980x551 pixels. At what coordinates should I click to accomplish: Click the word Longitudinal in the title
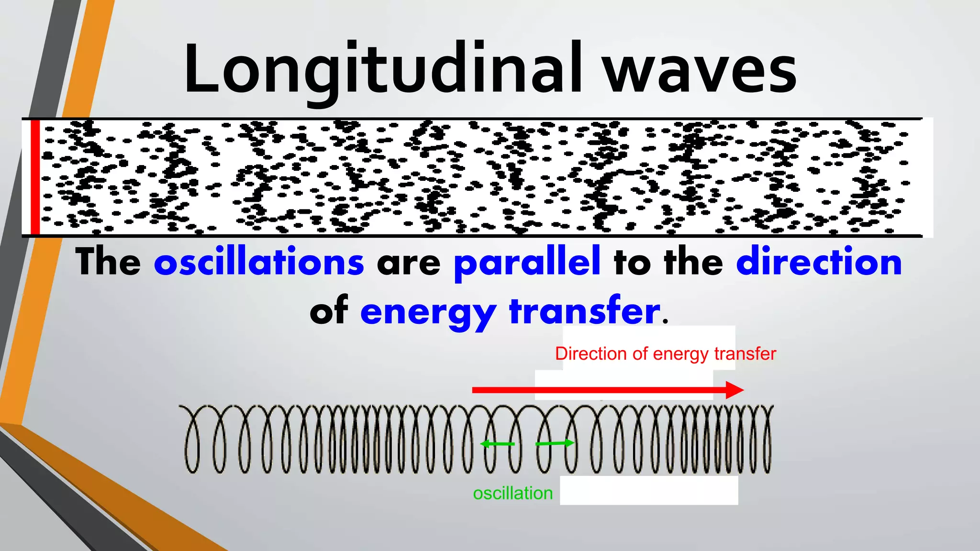[383, 69]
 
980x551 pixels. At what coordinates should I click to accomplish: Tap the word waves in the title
[700, 72]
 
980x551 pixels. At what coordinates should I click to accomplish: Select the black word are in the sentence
[408, 264]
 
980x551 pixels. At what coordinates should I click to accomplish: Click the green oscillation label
[512, 493]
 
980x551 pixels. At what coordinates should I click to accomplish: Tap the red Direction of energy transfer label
[665, 354]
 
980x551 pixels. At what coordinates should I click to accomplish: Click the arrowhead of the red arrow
[735, 390]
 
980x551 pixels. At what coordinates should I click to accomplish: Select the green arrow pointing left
[498, 444]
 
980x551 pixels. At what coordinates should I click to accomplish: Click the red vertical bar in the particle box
[35, 177]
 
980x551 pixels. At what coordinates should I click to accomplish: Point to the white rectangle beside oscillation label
[649, 490]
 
